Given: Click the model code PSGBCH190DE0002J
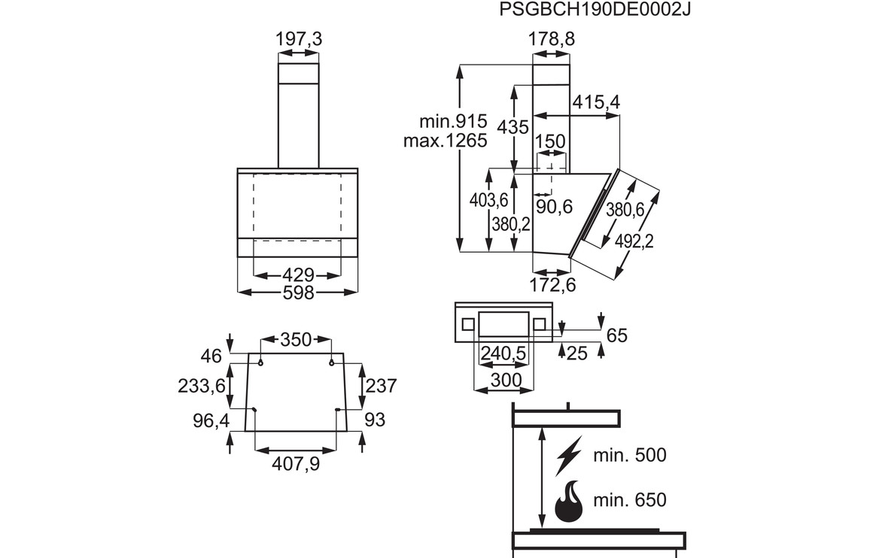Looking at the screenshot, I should tap(595, 10).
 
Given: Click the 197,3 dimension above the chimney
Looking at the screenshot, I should tap(299, 39).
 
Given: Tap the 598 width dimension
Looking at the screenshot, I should tap(298, 293).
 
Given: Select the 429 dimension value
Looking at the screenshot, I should tap(298, 276).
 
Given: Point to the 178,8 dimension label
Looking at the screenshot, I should tap(551, 39).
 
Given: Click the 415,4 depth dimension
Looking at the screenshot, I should tap(595, 102).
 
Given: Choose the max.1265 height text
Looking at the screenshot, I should tap(445, 140).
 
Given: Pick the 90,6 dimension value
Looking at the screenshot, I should tap(555, 206).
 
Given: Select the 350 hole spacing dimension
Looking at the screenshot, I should tap(296, 340).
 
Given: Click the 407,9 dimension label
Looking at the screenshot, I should tap(296, 464).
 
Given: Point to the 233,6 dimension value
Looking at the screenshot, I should tap(202, 386).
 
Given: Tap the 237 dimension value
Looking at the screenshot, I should tap(381, 386).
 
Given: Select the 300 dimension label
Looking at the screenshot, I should tap(505, 381).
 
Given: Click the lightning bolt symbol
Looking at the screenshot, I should tap(568, 455).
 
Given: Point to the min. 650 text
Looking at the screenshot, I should tap(629, 499).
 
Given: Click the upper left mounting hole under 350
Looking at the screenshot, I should tap(260, 363).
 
